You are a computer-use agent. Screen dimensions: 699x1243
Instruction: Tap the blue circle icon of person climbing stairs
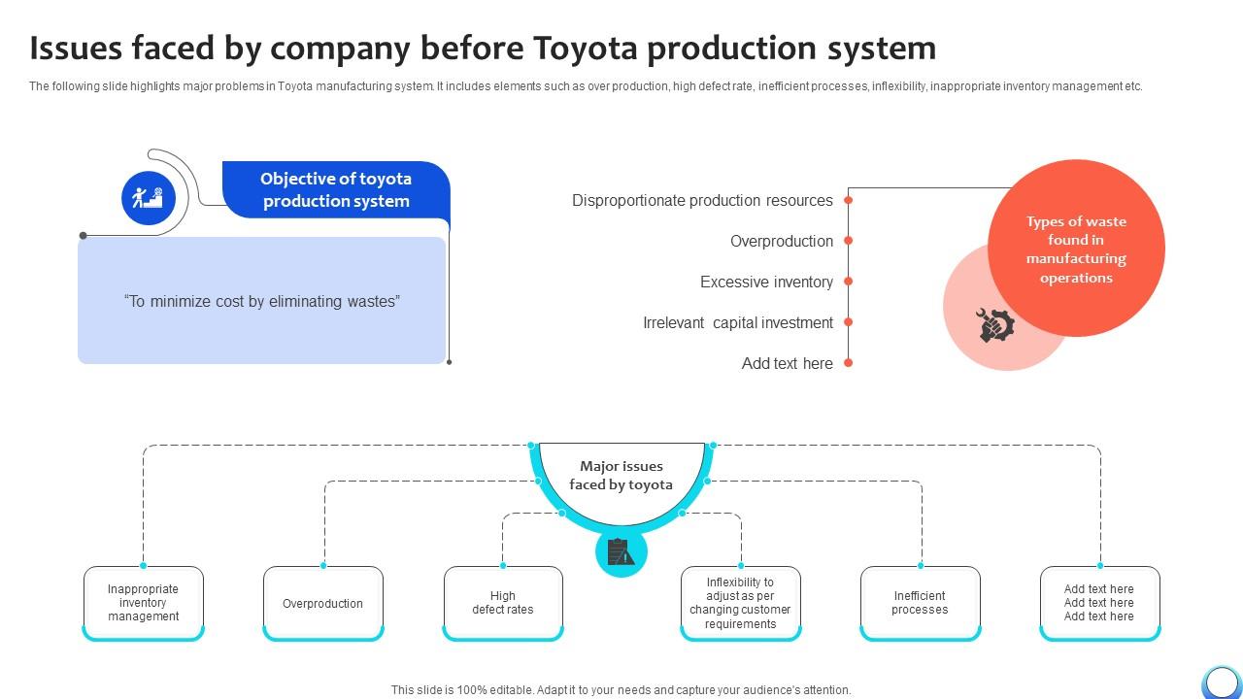tap(148, 198)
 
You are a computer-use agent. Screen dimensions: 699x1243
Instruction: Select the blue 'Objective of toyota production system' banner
tap(336, 189)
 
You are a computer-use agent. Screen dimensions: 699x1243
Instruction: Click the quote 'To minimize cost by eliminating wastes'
tap(261, 301)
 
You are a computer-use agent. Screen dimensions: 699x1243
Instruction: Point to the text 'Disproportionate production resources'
tap(702, 200)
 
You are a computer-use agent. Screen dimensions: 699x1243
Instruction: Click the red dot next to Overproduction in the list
tap(848, 241)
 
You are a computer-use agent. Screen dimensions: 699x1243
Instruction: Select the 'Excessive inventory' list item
tap(766, 282)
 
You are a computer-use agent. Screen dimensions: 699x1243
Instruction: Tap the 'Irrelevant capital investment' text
tap(738, 322)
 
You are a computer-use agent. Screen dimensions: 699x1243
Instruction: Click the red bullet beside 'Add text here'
tap(848, 363)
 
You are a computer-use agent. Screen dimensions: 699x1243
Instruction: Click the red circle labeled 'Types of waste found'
tap(1076, 249)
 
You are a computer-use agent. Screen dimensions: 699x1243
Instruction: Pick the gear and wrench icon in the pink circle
tap(995, 325)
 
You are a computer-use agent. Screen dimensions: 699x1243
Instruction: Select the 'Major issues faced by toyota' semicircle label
tap(621, 476)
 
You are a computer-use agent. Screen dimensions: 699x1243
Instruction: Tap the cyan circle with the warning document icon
tap(621, 552)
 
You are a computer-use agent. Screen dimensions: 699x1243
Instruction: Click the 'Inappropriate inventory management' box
tap(144, 603)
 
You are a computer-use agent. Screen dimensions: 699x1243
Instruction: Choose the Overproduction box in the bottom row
tap(323, 603)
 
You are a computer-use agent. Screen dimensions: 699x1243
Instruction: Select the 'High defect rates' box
tap(503, 603)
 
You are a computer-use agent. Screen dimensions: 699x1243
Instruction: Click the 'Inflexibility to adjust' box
tap(741, 603)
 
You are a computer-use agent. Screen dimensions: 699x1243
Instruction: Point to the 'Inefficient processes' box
tap(920, 603)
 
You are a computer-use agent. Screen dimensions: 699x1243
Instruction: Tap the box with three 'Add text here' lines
tap(1099, 603)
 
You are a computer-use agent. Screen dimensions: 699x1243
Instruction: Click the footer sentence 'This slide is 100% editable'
tap(621, 690)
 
